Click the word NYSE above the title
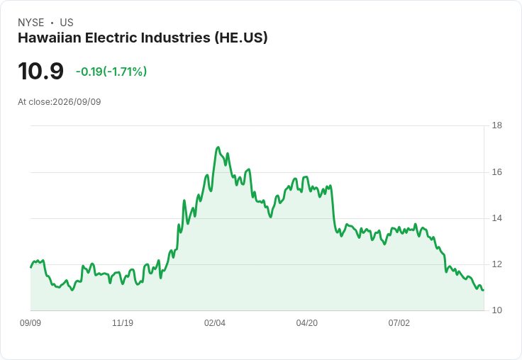[x=31, y=23]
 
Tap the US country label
[x=67, y=23]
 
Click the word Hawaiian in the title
[x=50, y=38]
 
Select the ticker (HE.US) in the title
[x=241, y=38]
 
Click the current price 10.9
[x=40, y=71]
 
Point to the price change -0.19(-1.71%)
[x=111, y=72]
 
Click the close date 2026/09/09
[x=77, y=102]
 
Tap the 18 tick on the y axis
[x=496, y=125]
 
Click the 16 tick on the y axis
[x=496, y=172]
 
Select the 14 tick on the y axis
[x=496, y=218]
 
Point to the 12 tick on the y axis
[x=496, y=264]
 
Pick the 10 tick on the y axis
[x=496, y=310]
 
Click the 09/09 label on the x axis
[x=30, y=323]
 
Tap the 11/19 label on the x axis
[x=123, y=323]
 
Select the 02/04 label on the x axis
[x=215, y=323]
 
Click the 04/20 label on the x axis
[x=307, y=323]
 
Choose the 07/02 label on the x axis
[x=399, y=323]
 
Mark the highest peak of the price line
[x=218, y=147]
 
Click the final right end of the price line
[x=484, y=291]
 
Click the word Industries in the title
[x=176, y=38]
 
